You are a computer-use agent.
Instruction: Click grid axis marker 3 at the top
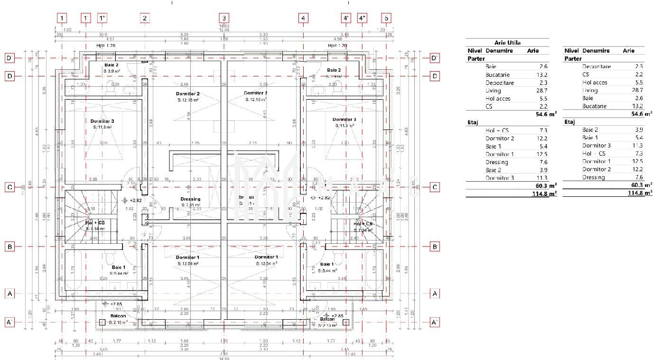[224, 18]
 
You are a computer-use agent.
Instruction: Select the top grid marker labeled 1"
[103, 18]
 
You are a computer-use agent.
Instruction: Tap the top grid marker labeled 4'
[346, 18]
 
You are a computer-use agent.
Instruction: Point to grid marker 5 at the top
[386, 18]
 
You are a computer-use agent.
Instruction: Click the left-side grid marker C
[9, 187]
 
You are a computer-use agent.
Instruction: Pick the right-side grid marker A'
[434, 322]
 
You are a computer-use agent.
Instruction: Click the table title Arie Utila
[507, 43]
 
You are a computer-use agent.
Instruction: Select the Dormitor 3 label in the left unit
[102, 121]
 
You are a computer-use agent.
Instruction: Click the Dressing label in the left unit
[190, 199]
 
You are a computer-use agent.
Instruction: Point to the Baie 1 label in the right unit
[327, 264]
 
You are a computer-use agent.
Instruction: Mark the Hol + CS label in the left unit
[95, 222]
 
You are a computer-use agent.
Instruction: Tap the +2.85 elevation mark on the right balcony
[337, 316]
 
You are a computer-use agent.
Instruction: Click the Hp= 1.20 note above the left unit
[106, 46]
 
